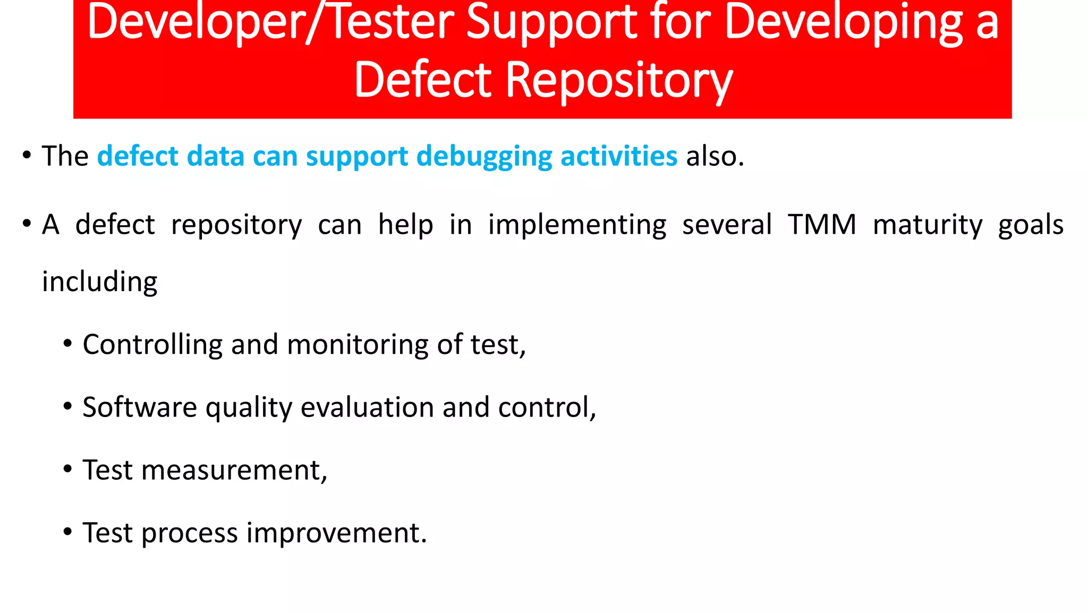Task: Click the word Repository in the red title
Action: click(x=619, y=81)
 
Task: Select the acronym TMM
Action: click(x=822, y=224)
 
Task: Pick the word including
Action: click(x=100, y=282)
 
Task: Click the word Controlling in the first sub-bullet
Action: click(x=152, y=344)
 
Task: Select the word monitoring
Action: click(x=357, y=344)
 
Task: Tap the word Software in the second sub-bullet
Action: click(x=140, y=407)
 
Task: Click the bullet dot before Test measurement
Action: click(x=67, y=470)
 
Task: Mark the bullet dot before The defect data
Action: click(x=27, y=156)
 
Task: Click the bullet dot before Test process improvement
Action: click(x=67, y=532)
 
